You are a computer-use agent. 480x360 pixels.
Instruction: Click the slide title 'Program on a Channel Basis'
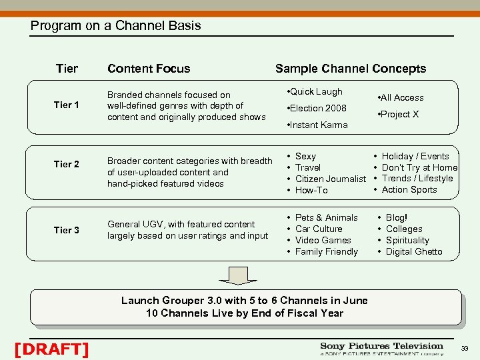(115, 26)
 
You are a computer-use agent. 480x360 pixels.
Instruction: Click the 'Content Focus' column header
(149, 69)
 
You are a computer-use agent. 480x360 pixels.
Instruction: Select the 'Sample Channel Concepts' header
(351, 69)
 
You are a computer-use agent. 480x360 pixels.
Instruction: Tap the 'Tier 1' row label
(67, 105)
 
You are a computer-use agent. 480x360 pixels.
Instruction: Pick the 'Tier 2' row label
(67, 165)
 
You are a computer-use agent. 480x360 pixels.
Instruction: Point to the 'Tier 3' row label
(67, 230)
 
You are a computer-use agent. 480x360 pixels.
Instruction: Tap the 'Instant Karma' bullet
(317, 125)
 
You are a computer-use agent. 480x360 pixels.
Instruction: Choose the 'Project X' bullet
(399, 114)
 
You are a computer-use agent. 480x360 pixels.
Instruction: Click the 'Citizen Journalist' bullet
(330, 179)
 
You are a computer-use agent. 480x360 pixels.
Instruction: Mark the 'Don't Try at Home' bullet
(419, 167)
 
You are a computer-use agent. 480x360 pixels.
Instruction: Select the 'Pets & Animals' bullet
(326, 217)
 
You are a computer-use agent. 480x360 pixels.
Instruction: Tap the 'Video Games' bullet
(323, 240)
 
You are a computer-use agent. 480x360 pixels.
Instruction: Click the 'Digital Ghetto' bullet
(413, 251)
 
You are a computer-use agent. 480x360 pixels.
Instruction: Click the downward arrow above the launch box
(238, 275)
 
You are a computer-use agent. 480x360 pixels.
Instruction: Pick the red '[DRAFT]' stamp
(51, 349)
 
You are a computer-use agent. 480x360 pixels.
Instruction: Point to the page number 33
(464, 349)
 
